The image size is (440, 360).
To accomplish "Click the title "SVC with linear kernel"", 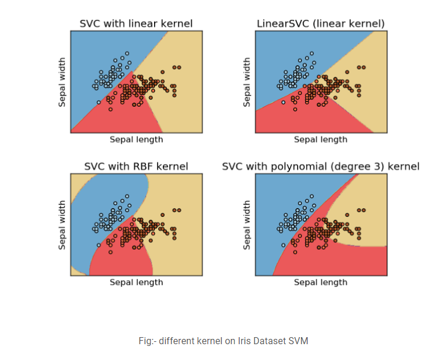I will click(x=136, y=24).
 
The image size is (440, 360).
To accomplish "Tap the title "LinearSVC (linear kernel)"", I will click(x=320, y=24).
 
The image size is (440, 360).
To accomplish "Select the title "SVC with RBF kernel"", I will click(x=136, y=167).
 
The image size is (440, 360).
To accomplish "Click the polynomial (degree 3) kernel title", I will click(x=320, y=167).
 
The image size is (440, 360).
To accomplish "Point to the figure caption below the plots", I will click(x=220, y=340).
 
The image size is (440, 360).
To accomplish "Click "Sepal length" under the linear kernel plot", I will click(x=136, y=140).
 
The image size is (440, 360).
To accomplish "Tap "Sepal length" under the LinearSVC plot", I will click(x=320, y=140).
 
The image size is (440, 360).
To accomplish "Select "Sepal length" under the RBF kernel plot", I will click(x=136, y=282).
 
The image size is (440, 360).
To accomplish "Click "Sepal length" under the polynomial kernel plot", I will click(x=320, y=282).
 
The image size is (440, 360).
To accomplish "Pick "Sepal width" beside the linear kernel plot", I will click(x=62, y=82).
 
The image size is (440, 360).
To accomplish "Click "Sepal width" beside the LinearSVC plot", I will click(x=247, y=82).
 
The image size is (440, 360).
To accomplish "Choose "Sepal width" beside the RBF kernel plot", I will click(x=62, y=225).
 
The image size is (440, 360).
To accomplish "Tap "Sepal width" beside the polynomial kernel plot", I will click(x=247, y=225).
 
